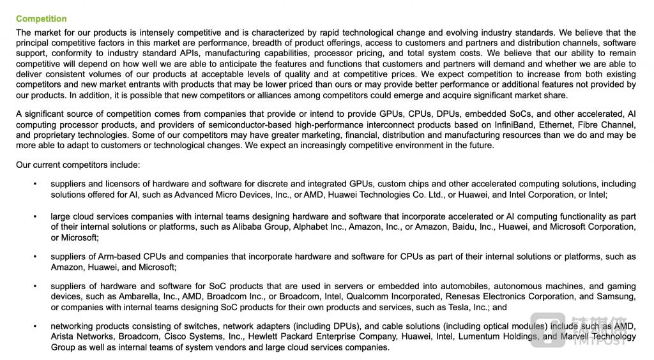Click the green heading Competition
(x=41, y=19)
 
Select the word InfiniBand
(x=515, y=125)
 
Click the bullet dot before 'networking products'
(x=35, y=327)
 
